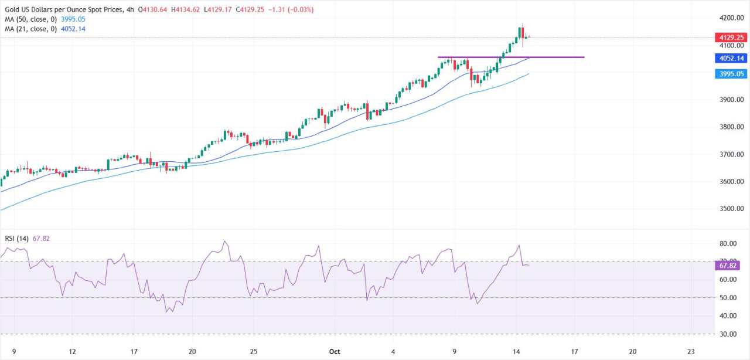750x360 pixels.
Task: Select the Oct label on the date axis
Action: (x=335, y=352)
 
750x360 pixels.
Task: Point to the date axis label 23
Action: (x=693, y=352)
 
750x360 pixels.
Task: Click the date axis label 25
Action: (x=253, y=352)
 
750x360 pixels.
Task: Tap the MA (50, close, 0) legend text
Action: (x=29, y=19)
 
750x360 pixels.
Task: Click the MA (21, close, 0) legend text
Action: (x=29, y=28)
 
